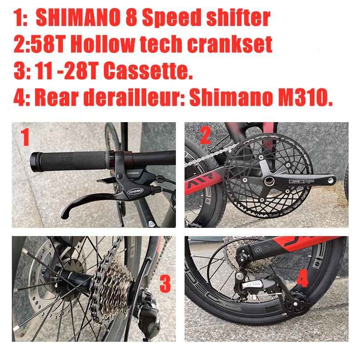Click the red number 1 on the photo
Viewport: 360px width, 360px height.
[x=25, y=137]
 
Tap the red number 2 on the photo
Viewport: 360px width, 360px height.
[x=206, y=135]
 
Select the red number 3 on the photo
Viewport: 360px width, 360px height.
[x=165, y=284]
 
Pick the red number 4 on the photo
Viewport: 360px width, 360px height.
[x=303, y=278]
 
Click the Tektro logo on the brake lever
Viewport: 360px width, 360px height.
[x=135, y=190]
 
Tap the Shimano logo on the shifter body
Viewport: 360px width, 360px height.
[x=133, y=173]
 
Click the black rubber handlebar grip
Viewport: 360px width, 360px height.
[x=69, y=161]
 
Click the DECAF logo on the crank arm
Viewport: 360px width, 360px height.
[x=301, y=181]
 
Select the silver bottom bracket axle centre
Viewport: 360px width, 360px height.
[x=269, y=181]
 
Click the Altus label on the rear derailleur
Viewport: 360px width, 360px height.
[x=254, y=284]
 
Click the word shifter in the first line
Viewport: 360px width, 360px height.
[x=238, y=18]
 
